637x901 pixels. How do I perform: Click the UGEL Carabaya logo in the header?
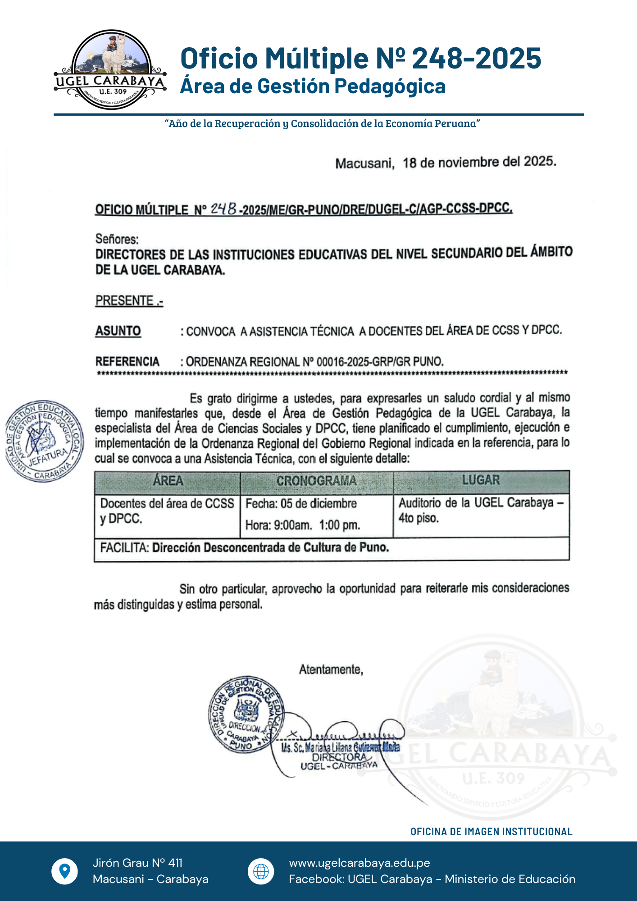(110, 70)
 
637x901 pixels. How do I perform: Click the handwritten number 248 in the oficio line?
(224, 208)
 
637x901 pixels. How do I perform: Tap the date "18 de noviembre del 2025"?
(479, 162)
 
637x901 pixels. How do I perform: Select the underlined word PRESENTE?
(125, 300)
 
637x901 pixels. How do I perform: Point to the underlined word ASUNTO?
(118, 331)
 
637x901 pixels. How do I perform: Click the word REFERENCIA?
(127, 362)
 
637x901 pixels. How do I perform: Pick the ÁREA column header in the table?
(168, 481)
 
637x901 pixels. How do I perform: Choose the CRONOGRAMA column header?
(316, 481)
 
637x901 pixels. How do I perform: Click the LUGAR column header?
(481, 480)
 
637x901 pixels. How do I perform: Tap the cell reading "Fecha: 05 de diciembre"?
(301, 503)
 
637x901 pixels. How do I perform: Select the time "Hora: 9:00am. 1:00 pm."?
(303, 525)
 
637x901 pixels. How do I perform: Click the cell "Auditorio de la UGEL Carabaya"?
(481, 502)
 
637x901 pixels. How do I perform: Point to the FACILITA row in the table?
(245, 548)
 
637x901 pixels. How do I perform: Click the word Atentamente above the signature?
(331, 670)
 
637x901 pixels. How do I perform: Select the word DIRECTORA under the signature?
(339, 757)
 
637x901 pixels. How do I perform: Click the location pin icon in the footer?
(65, 871)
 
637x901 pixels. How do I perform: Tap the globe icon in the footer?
(261, 871)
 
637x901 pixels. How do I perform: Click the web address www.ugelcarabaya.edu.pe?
(359, 863)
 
